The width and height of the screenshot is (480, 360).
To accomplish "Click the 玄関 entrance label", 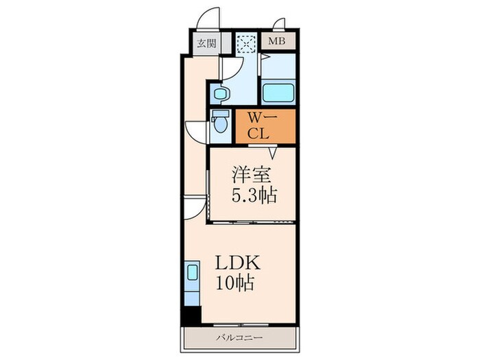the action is coord(206,43).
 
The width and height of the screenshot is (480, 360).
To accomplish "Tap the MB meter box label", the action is coord(277,40).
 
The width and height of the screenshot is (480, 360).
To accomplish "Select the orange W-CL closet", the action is coord(265,126).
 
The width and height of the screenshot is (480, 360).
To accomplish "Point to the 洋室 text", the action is coord(251,174).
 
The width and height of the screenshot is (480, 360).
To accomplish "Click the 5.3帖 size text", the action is coord(254,195).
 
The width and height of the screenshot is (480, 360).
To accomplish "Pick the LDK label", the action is coord(238,263).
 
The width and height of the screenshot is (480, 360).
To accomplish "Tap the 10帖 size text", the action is coord(235,283).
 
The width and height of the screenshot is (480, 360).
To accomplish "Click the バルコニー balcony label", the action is coord(240,338).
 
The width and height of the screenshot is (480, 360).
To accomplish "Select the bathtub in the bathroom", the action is coord(278,92).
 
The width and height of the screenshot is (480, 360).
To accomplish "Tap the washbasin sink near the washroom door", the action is coord(220,94).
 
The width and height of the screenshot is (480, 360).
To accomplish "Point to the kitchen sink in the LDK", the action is coord(193,272).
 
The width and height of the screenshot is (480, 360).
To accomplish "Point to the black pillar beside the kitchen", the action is coord(191,315).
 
